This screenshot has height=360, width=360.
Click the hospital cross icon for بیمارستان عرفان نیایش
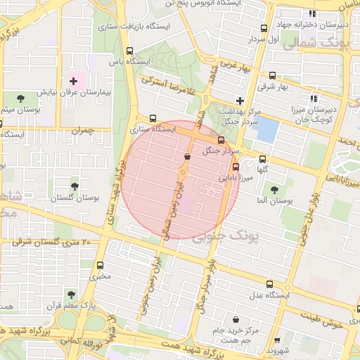73,82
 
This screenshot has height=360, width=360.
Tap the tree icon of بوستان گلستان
74,186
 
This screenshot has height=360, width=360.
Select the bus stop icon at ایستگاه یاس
129,51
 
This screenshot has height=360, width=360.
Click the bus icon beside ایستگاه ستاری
153,118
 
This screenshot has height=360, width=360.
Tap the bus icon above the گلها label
263,159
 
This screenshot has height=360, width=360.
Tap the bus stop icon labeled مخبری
100,266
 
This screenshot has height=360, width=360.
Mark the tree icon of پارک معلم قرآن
70,294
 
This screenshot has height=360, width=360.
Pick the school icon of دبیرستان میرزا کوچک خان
313,99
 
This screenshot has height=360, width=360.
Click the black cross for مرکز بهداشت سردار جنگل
240,101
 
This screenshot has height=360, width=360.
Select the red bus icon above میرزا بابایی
236,167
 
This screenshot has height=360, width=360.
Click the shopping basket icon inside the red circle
187,157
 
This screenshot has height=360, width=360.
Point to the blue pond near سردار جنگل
266,129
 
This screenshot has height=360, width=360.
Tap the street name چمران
82,131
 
